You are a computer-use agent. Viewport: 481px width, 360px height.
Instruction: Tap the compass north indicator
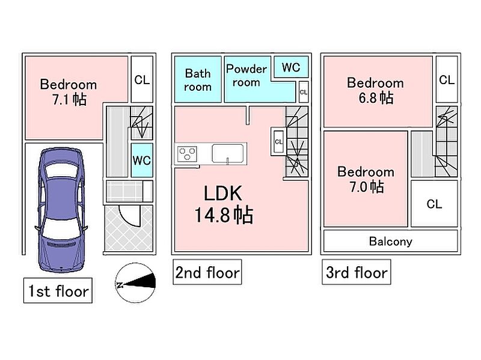[x=135, y=282]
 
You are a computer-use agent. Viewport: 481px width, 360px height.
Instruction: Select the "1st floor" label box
[x=58, y=291]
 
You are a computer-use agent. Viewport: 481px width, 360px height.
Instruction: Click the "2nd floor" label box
[x=207, y=272]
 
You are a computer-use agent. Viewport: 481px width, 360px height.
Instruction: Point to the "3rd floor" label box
[x=357, y=272]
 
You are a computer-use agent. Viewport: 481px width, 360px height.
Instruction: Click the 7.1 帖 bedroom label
[x=69, y=92]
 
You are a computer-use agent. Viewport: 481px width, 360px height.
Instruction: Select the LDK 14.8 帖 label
[x=223, y=204]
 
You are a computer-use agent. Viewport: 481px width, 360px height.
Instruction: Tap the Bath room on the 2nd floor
[x=198, y=79]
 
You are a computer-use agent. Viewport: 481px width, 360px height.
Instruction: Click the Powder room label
[x=247, y=76]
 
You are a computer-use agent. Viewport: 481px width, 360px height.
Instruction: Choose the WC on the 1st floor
[x=142, y=160]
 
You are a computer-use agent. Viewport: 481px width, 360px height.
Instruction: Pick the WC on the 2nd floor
[x=291, y=67]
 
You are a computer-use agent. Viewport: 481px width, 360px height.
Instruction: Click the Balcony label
[x=390, y=242]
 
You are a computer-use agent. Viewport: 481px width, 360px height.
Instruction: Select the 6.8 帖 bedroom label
[x=375, y=91]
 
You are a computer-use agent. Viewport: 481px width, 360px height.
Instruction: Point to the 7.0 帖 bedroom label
[x=366, y=179]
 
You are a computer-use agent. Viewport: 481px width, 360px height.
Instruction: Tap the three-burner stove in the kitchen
[x=187, y=154]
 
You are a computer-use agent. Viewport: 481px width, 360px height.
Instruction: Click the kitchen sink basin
[x=228, y=154]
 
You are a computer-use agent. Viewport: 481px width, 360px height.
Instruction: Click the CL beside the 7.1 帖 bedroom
[x=142, y=79]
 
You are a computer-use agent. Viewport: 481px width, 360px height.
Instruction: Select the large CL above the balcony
[x=434, y=204]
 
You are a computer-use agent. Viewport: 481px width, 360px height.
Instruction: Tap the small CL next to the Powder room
[x=304, y=92]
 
